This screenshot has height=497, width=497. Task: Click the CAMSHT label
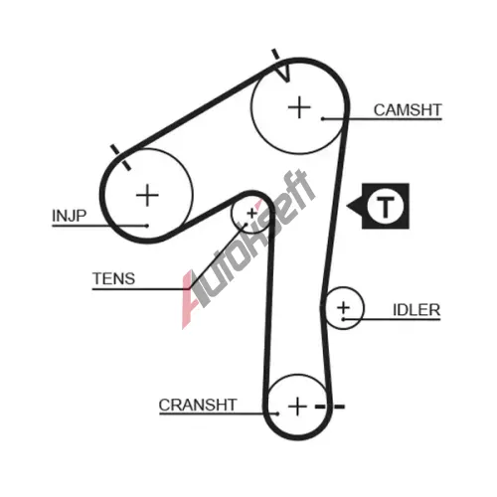(x=408, y=110)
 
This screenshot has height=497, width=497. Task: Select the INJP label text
(x=70, y=216)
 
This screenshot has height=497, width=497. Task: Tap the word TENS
(x=113, y=278)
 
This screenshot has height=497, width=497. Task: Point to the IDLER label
(x=416, y=310)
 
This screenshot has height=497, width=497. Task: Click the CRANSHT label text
(x=198, y=405)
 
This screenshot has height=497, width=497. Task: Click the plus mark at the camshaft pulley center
(x=299, y=107)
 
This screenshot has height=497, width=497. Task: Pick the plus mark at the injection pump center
(x=147, y=195)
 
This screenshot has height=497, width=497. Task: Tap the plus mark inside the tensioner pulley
(x=252, y=214)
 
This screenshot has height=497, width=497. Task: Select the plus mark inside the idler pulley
(x=343, y=307)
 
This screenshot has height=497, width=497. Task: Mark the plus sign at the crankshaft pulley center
(x=297, y=407)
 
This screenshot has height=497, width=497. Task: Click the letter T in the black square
(x=386, y=207)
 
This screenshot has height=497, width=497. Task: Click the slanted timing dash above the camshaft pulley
(x=275, y=57)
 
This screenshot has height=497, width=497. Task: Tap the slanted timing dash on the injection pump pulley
(x=120, y=157)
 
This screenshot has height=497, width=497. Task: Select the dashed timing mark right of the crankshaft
(x=330, y=407)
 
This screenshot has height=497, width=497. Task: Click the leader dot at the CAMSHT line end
(x=322, y=118)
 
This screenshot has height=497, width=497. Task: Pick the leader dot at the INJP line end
(x=147, y=226)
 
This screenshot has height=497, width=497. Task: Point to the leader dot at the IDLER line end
(x=343, y=319)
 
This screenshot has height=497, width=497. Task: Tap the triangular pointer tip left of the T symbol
(x=347, y=206)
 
